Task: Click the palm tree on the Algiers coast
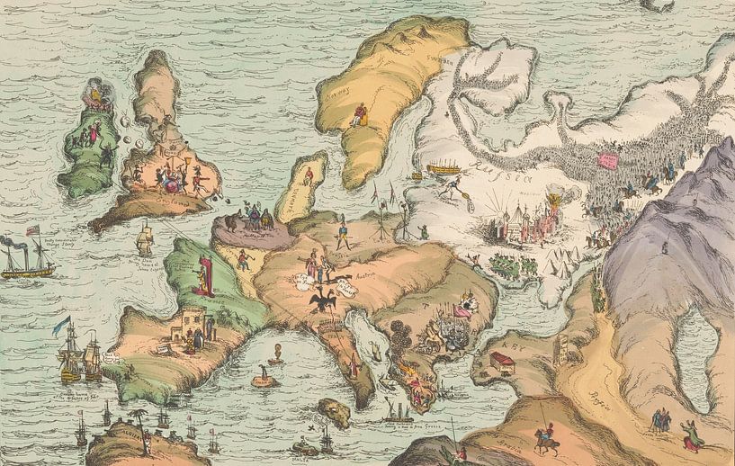tap(139, 417)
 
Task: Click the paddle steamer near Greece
tap(397, 413)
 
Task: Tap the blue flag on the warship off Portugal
tap(64, 321)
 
